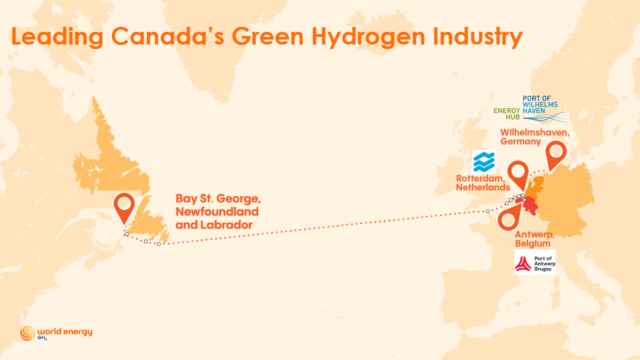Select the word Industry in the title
(473, 39)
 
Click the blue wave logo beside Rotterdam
(483, 161)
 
